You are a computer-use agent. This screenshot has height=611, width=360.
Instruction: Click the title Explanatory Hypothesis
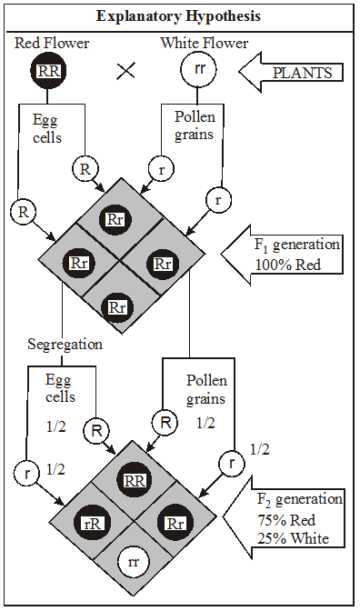click(x=180, y=16)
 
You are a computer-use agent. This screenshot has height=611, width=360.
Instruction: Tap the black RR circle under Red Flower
click(x=48, y=69)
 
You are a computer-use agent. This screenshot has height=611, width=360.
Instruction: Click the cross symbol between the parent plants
click(x=125, y=71)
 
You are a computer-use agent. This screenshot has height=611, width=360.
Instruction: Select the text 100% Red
click(x=285, y=265)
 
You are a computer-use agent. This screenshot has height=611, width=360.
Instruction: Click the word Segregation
click(x=65, y=345)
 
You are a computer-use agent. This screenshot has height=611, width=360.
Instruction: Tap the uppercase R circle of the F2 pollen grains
click(x=165, y=422)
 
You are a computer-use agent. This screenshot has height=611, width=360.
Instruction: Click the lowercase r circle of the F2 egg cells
click(x=25, y=472)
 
